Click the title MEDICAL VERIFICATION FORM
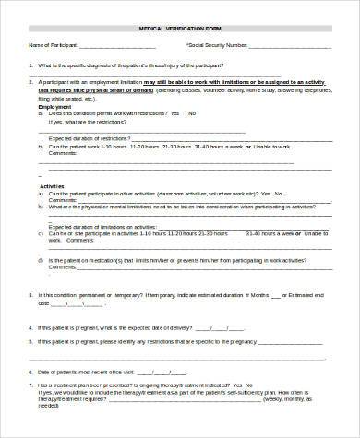pyautogui.click(x=179, y=30)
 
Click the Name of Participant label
pyautogui.click(x=52, y=43)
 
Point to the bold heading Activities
pyautogui.click(x=52, y=185)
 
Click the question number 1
pyautogui.click(x=30, y=64)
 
